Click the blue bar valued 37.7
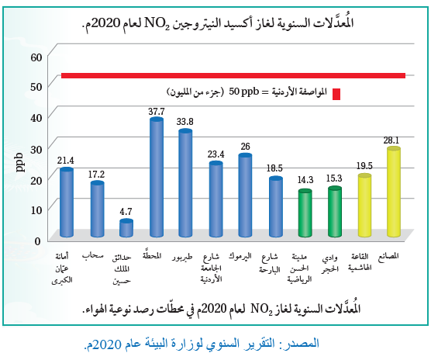[156, 178]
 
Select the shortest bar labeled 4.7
[126, 229]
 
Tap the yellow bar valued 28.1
[394, 193]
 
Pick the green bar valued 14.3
[305, 215]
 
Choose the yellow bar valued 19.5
[364, 206]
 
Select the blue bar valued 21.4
[67, 203]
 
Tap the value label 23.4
[215, 154]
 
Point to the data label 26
[245, 146]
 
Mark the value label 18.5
[275, 168]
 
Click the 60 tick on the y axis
[35, 56]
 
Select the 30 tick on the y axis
[35, 147]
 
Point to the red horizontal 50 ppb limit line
[233, 75]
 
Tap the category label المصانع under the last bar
[394, 255]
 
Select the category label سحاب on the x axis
[97, 255]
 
